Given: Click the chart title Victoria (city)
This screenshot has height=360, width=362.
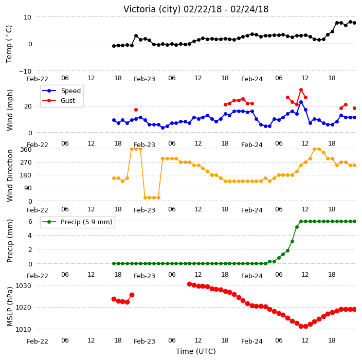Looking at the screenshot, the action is pyautogui.click(x=152, y=9).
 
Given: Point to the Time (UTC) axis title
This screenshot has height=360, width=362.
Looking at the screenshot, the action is pyautogui.click(x=196, y=351).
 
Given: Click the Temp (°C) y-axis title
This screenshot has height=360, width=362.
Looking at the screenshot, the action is pyautogui.click(x=9, y=44).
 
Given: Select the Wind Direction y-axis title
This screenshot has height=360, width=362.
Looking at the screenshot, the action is pyautogui.click(x=9, y=176).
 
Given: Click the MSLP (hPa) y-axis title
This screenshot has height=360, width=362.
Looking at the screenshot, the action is pyautogui.click(x=9, y=307).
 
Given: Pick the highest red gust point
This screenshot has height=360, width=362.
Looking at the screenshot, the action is pyautogui.click(x=301, y=90).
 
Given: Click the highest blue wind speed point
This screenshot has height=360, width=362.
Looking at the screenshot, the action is pyautogui.click(x=301, y=102).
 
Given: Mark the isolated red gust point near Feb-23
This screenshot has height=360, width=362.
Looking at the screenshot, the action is pyautogui.click(x=136, y=110).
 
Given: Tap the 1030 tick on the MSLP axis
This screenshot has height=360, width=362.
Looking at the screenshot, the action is pyautogui.click(x=23, y=285).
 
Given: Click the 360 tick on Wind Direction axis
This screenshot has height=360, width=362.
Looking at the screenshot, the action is pyautogui.click(x=26, y=150).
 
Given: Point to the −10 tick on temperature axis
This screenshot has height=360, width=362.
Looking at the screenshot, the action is pyautogui.click(x=25, y=71).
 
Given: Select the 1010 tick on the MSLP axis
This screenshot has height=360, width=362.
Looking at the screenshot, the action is pyautogui.click(x=23, y=329).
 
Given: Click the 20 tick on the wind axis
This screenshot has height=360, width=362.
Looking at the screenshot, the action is pyautogui.click(x=28, y=106).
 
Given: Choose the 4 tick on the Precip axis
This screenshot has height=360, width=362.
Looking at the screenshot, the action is pyautogui.click(x=30, y=236).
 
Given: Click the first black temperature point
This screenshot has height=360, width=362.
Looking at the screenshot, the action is pyautogui.click(x=114, y=46).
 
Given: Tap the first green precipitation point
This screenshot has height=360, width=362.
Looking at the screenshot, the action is pyautogui.click(x=114, y=263).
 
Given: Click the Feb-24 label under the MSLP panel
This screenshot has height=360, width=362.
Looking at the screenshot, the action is pyautogui.click(x=252, y=341).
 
